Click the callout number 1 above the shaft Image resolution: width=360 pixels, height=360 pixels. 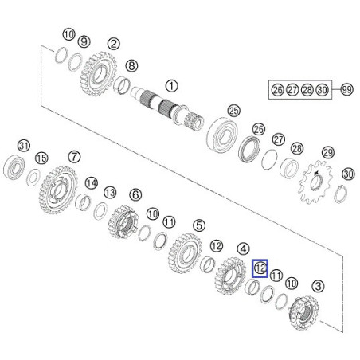click(171, 86)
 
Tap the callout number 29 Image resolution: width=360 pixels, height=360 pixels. click(328, 153)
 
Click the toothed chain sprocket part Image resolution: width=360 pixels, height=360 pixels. click(315, 182)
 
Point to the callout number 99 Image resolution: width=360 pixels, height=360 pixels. click(346, 89)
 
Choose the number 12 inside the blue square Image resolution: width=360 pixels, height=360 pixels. click(260, 268)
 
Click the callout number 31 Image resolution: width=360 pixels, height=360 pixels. click(24, 146)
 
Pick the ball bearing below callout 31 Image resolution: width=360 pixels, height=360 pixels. click(14, 167)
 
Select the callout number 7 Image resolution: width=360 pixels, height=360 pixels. click(74, 157)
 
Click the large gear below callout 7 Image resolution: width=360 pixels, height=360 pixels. click(58, 190)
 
